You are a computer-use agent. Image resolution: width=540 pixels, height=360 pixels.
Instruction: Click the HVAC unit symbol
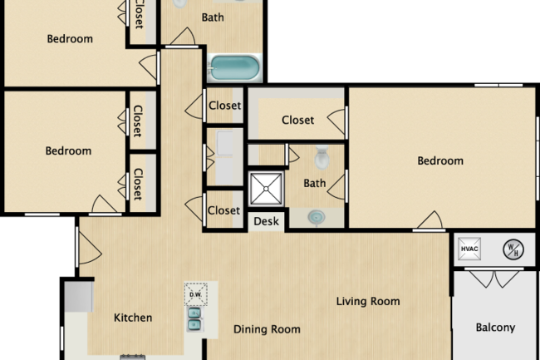pyautogui.click(x=469, y=248)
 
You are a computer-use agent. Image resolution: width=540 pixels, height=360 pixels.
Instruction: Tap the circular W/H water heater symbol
pyautogui.click(x=511, y=248)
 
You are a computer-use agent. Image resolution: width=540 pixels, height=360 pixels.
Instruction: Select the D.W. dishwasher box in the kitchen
pyautogui.click(x=196, y=293)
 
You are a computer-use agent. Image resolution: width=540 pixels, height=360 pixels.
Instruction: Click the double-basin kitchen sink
pyautogui.click(x=194, y=319)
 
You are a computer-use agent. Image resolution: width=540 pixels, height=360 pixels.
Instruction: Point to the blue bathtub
pyautogui.click(x=234, y=66)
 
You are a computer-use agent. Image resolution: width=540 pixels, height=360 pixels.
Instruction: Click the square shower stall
pyautogui.click(x=268, y=188)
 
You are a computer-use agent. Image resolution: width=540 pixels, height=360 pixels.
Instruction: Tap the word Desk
pyautogui.click(x=266, y=221)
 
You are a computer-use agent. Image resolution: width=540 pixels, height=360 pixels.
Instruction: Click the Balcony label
pyautogui.click(x=494, y=328)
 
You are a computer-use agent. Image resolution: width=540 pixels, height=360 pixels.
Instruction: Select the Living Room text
pyautogui.click(x=368, y=301)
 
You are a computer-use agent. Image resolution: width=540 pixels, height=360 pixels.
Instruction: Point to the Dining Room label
pyautogui.click(x=266, y=329)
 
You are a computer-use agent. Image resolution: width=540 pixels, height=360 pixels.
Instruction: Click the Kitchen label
pyautogui.click(x=133, y=318)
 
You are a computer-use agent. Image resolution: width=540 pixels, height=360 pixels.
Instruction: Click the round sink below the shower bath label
pyautogui.click(x=317, y=217)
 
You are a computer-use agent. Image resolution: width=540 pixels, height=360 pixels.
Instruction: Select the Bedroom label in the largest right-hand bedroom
pyautogui.click(x=440, y=160)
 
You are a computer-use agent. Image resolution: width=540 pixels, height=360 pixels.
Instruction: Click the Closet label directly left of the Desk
pyautogui.click(x=223, y=210)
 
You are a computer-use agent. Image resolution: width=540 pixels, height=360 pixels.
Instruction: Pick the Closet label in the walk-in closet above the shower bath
pyautogui.click(x=297, y=121)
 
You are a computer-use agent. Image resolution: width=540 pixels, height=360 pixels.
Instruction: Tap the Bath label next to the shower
pyautogui.click(x=315, y=183)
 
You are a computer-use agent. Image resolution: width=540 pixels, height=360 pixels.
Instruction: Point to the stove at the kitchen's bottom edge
pyautogui.click(x=133, y=357)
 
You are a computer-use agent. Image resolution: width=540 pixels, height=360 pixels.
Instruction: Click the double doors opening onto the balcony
pyautogui.click(x=494, y=279)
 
